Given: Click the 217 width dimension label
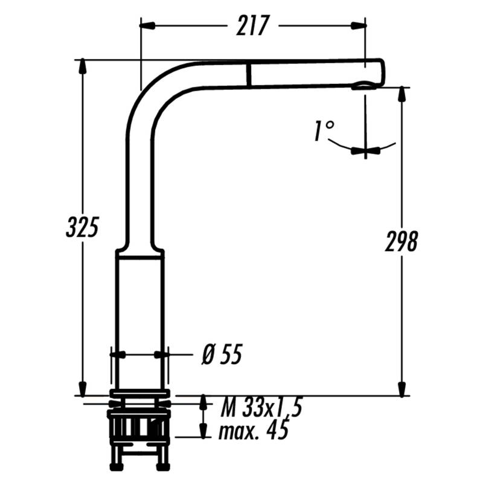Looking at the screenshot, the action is (x=252, y=25).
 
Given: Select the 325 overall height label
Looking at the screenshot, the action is (x=82, y=227).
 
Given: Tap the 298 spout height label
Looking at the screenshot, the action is (x=401, y=241).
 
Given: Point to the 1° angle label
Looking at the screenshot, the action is (x=324, y=131).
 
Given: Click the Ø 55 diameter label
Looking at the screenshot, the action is (x=222, y=354).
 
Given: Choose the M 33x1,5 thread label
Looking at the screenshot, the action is (x=261, y=406).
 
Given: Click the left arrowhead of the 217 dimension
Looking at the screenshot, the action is (x=147, y=25).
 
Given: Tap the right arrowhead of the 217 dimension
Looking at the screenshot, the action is (x=359, y=25).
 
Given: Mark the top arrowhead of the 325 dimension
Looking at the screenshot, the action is (x=82, y=66).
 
